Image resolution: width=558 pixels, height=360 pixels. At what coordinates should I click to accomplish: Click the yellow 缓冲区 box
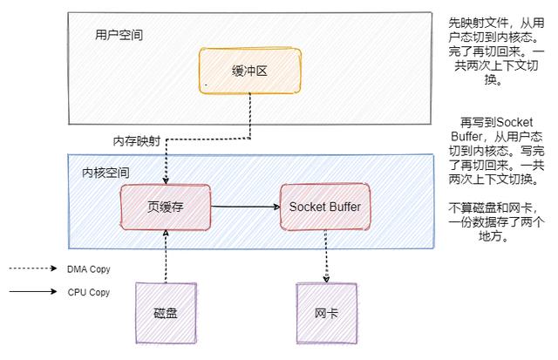pos(248,71)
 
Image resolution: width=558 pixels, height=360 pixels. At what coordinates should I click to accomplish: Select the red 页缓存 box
pos(165,207)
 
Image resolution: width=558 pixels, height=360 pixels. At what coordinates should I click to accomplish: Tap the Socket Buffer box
pos(323,207)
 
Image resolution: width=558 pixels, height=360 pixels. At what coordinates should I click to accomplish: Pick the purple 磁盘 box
pos(166,312)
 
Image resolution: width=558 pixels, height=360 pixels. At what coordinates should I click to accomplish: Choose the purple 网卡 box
pos(326,312)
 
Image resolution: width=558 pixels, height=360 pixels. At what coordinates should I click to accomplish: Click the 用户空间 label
pos(119,36)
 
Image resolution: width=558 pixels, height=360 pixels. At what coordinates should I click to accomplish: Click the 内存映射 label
pos(136,141)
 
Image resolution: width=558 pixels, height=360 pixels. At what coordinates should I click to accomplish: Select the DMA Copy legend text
pos(89,269)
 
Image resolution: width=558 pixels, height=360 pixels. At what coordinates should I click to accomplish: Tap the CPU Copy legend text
pos(89,292)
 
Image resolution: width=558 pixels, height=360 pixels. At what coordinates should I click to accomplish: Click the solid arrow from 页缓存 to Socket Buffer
pos(244,207)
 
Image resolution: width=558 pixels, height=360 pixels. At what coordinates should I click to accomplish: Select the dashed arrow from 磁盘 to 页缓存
pos(165,256)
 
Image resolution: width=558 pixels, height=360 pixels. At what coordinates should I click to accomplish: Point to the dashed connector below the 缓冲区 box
pos(251,118)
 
